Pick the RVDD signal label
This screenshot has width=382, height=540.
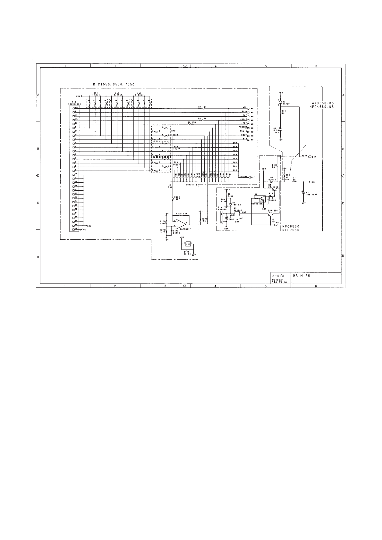(305, 156)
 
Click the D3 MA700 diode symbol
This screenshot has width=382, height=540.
(281, 102)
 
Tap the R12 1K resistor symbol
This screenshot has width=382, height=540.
(281, 112)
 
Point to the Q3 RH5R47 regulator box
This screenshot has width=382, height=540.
(237, 213)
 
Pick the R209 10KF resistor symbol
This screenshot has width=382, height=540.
(174, 199)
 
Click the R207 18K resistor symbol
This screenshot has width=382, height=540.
(200, 220)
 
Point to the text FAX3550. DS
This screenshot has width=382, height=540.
(322, 103)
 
